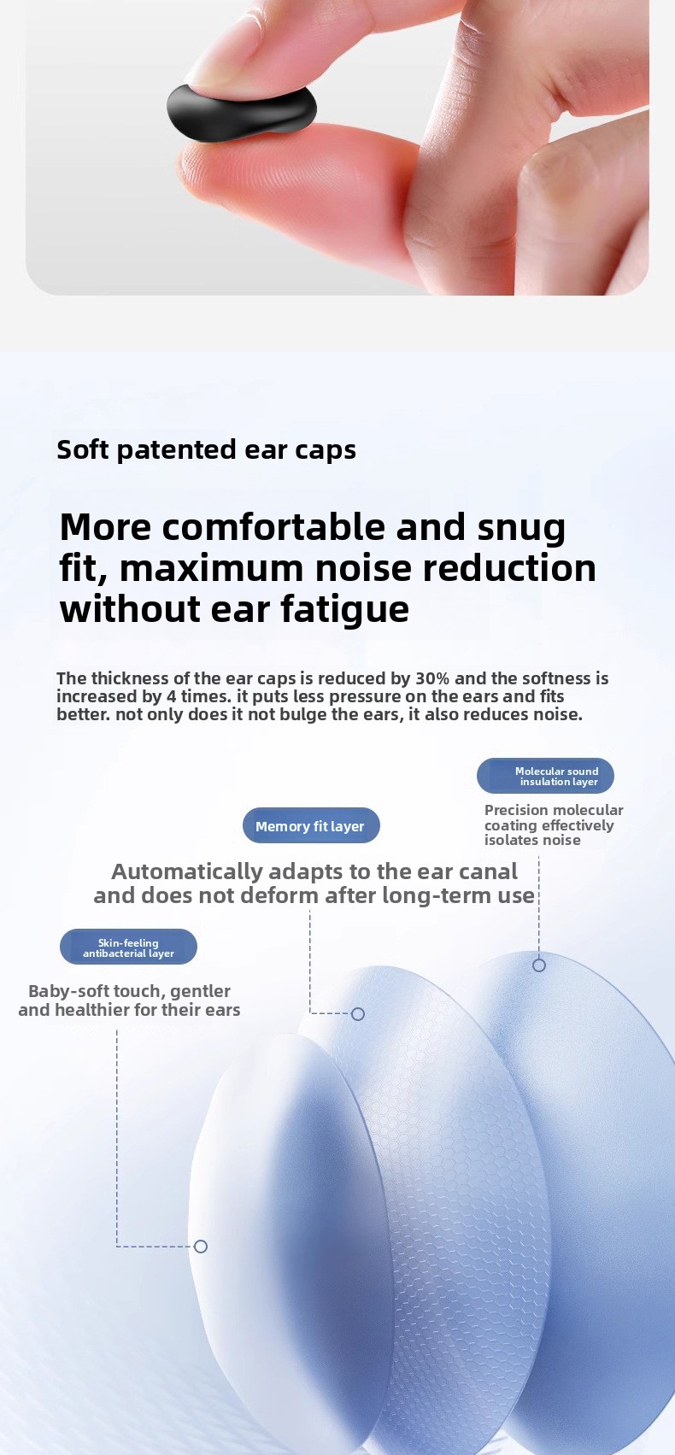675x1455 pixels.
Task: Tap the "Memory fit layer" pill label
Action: [311, 825]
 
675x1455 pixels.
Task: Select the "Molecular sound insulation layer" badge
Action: [545, 776]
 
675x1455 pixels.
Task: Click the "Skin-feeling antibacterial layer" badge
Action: [128, 947]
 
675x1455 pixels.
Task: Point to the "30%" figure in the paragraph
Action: [432, 678]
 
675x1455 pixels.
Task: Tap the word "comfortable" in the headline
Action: [273, 527]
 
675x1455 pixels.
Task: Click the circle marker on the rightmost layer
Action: [538, 965]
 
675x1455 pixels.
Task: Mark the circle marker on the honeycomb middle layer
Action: [357, 1013]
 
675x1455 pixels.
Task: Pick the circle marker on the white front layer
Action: [201, 1246]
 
